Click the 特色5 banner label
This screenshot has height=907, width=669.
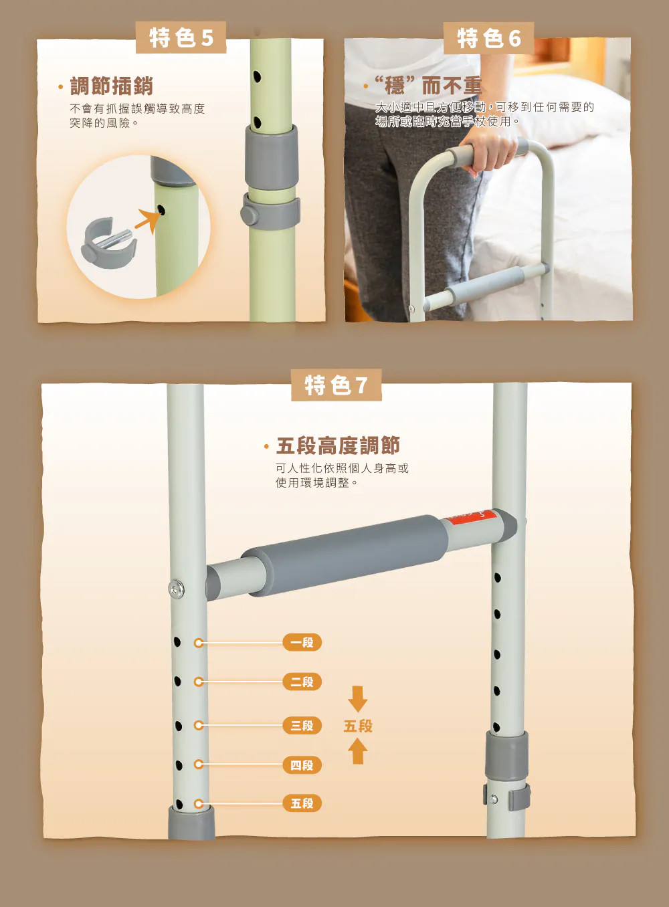(181, 37)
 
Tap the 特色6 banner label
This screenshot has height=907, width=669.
(488, 39)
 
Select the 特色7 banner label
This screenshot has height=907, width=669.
(336, 385)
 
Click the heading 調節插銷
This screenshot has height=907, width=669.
(111, 86)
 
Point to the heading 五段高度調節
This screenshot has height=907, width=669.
(338, 445)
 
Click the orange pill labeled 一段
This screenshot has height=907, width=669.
(302, 643)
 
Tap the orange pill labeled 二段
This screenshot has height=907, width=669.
(302, 682)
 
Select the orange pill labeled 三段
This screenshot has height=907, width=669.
(302, 725)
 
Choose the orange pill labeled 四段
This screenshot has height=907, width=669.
(302, 765)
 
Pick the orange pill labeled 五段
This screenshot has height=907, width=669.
(302, 803)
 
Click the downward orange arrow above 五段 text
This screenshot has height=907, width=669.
(358, 698)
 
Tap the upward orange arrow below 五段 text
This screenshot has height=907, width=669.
(358, 751)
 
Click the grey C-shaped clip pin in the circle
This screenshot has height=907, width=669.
(108, 243)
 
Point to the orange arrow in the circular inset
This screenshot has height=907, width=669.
(148, 220)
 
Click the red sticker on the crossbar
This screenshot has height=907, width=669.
(471, 517)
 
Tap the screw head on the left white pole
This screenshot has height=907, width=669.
(176, 589)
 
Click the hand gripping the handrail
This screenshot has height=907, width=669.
(492, 152)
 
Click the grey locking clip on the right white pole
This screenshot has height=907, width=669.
(507, 798)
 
